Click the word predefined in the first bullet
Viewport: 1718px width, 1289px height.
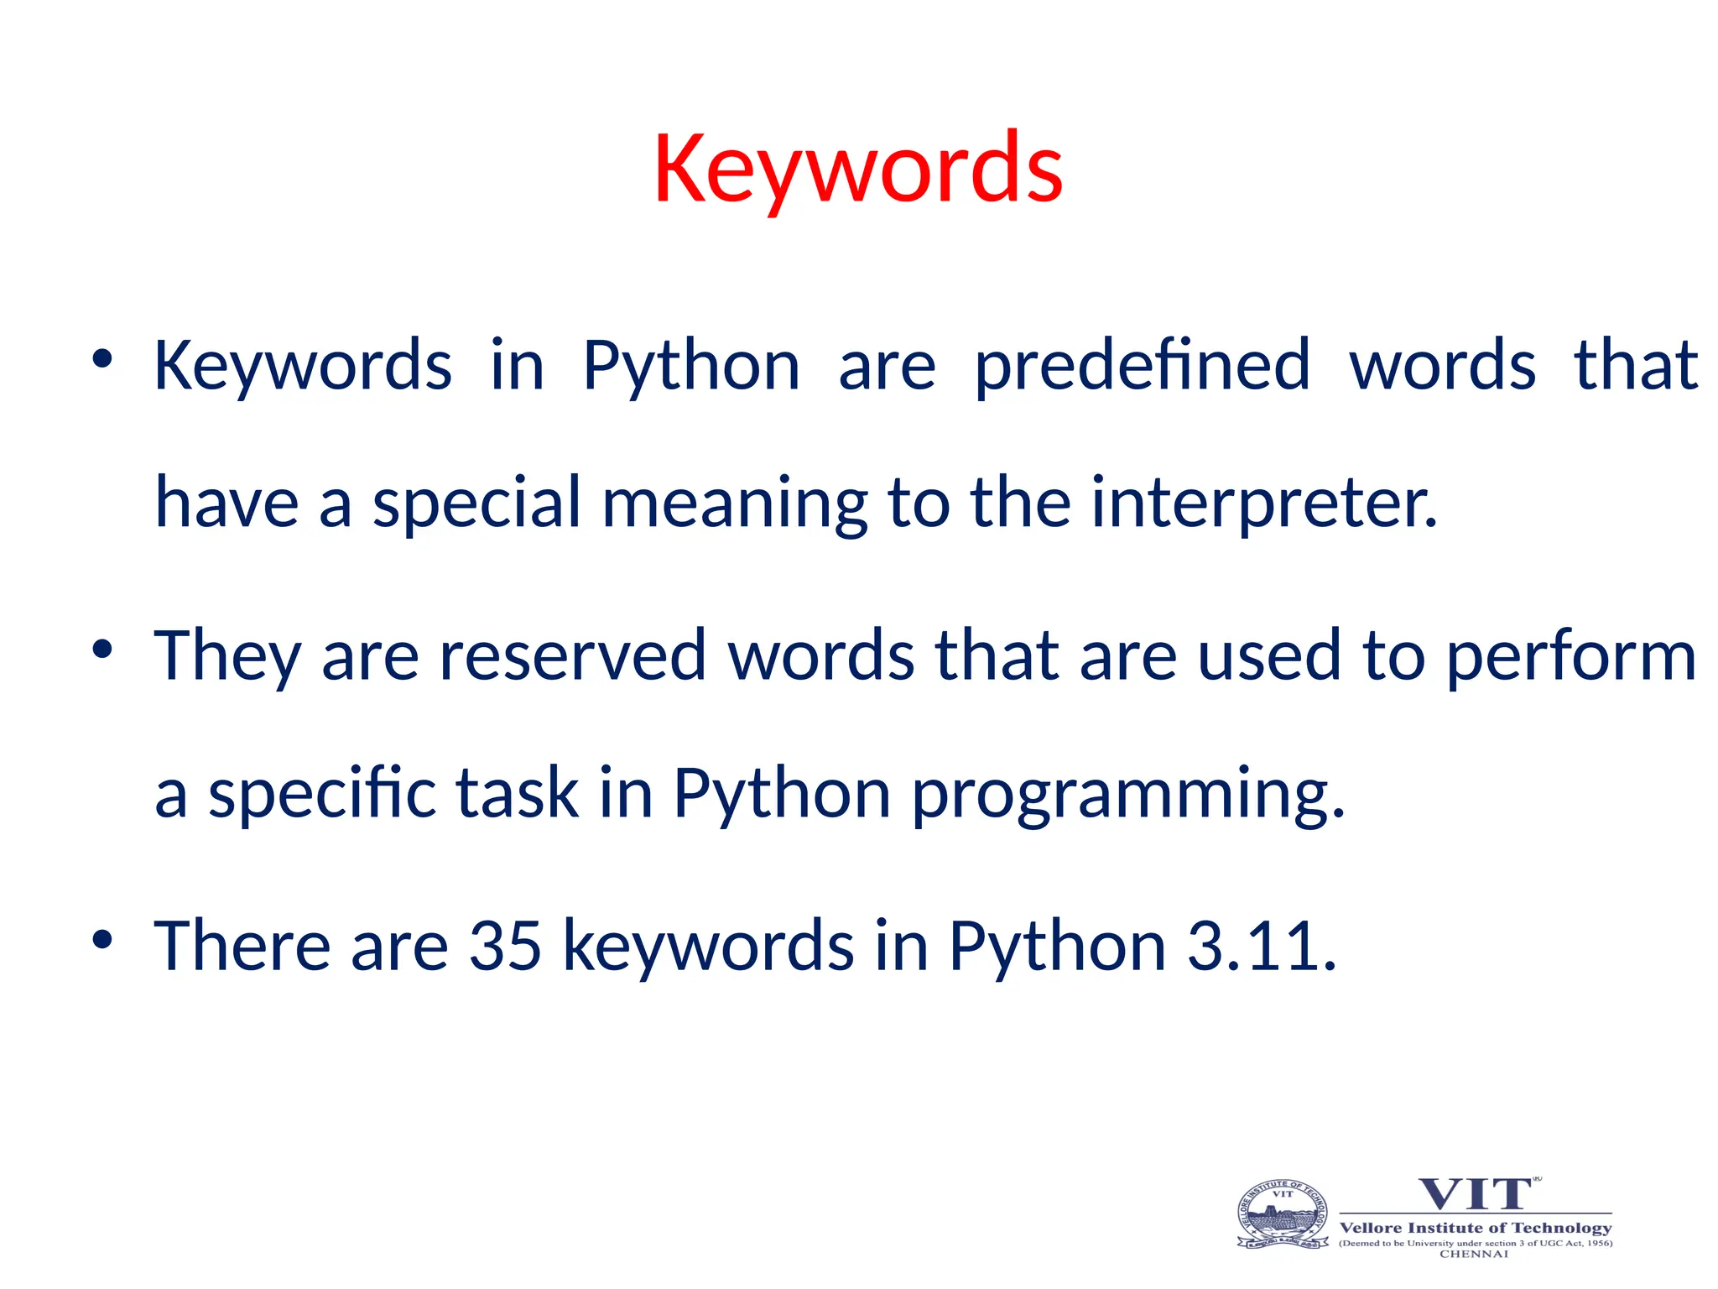[1142, 367]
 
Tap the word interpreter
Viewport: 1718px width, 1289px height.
[1263, 504]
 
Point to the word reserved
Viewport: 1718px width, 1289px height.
[572, 655]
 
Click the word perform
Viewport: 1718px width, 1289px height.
[1571, 657]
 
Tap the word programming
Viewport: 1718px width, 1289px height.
[1127, 794]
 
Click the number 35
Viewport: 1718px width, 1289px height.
[505, 946]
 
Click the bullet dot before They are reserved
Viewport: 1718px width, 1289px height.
[102, 649]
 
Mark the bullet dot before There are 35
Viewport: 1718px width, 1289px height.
[102, 939]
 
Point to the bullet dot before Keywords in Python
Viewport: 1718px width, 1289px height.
[102, 359]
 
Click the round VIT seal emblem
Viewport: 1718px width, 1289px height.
[1283, 1214]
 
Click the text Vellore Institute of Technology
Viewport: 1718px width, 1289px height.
[1476, 1228]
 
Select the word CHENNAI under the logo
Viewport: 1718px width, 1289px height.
[1474, 1254]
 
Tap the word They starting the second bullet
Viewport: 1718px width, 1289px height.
[227, 657]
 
